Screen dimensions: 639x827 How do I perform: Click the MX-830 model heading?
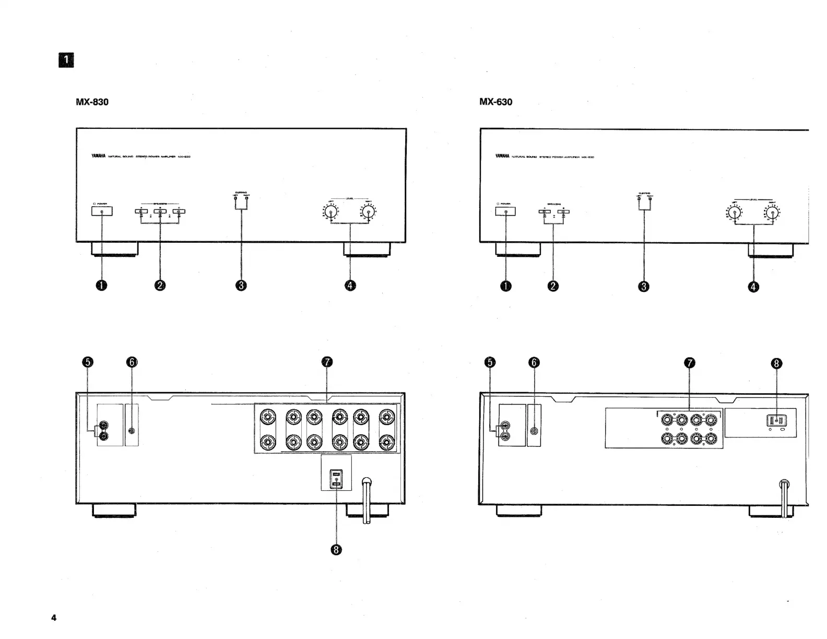92,102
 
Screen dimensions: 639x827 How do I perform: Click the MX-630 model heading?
495,102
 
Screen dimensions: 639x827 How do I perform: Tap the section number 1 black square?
66,61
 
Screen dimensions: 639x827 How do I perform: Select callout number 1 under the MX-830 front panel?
101,285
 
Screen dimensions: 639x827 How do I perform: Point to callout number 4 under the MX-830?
350,285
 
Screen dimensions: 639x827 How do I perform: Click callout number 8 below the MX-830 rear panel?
336,549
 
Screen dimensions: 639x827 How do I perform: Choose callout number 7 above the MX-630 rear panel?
689,362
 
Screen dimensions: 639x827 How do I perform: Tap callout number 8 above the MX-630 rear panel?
776,363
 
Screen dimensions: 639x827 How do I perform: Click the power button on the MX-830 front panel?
101,211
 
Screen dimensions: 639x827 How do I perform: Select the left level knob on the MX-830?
330,212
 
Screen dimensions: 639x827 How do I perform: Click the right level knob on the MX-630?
772,212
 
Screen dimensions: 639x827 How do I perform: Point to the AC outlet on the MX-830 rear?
336,479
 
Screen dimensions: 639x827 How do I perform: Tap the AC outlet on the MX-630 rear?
776,420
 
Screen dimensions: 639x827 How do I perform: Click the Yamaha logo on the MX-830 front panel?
98,156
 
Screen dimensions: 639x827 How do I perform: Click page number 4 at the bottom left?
54,618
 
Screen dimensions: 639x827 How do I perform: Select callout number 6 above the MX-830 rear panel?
132,362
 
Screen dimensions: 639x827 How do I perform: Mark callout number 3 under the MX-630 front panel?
644,286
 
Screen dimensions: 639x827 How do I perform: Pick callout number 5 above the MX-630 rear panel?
490,362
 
